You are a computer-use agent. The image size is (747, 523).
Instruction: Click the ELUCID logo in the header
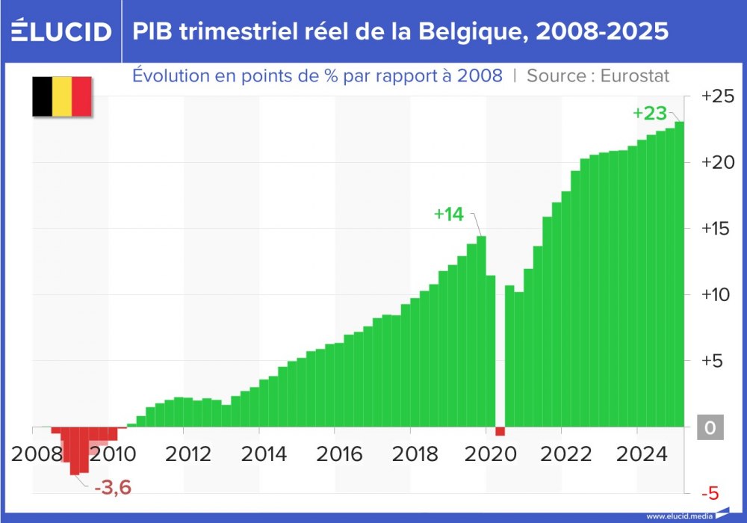[61, 31]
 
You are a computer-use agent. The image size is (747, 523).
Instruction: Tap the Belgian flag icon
[61, 96]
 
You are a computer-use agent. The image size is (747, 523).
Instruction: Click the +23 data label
[648, 114]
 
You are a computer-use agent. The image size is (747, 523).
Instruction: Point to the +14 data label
[449, 214]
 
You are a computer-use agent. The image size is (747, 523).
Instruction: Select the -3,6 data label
[113, 489]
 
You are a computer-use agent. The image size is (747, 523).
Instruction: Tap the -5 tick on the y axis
[711, 493]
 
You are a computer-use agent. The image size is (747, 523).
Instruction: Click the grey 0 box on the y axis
[710, 428]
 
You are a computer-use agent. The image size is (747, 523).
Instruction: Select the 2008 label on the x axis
[37, 454]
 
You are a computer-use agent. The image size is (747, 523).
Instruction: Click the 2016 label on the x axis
[340, 454]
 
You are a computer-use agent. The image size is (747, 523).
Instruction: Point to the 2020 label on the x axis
[491, 454]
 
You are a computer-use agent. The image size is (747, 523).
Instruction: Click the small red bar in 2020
[500, 432]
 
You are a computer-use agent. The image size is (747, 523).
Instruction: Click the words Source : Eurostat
[598, 75]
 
